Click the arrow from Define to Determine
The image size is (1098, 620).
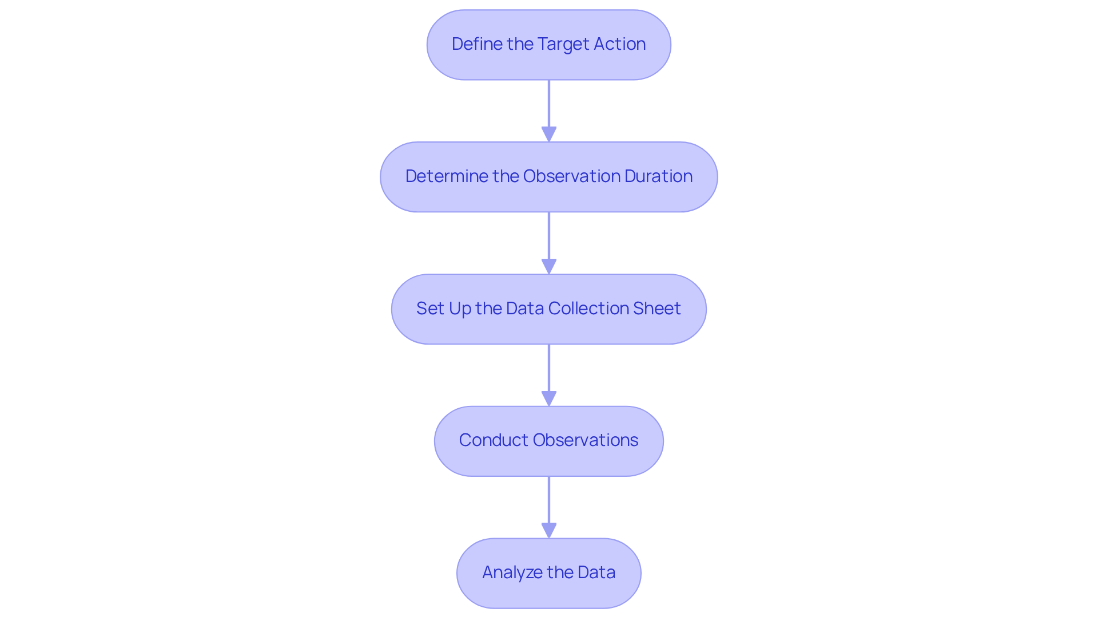[x=549, y=106]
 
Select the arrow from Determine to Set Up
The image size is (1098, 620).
[x=549, y=238]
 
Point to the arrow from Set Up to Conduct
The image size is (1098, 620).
[x=549, y=370]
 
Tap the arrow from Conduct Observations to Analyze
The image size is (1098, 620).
[x=549, y=501]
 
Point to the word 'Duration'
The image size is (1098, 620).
[x=658, y=176]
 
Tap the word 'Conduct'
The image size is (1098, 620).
[x=493, y=440]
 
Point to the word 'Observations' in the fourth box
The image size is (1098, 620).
[x=585, y=440]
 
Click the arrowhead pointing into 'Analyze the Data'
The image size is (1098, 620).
[x=549, y=531]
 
